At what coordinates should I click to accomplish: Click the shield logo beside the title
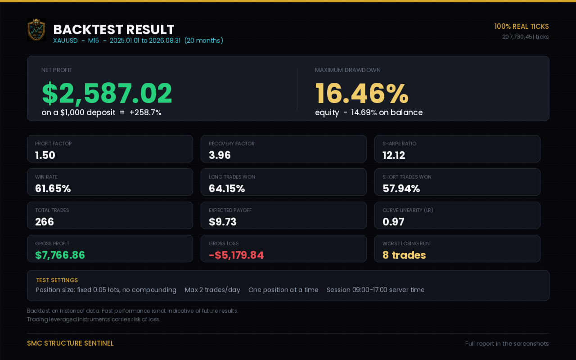pyautogui.click(x=36, y=30)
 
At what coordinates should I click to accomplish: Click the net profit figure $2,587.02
pyautogui.click(x=107, y=93)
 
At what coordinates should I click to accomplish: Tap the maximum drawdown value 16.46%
pyautogui.click(x=362, y=93)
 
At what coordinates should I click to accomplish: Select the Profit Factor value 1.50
pyautogui.click(x=45, y=155)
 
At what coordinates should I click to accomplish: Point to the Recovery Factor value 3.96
pyautogui.click(x=220, y=155)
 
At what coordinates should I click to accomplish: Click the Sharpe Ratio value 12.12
pyautogui.click(x=394, y=155)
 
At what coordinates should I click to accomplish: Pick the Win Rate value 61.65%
pyautogui.click(x=53, y=189)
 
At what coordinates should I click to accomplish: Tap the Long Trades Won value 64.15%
pyautogui.click(x=226, y=189)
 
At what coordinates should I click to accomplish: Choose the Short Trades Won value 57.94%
pyautogui.click(x=401, y=189)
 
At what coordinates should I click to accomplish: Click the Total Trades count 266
pyautogui.click(x=45, y=222)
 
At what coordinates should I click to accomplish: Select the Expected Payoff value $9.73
pyautogui.click(x=222, y=222)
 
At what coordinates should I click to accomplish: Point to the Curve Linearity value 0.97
pyautogui.click(x=393, y=222)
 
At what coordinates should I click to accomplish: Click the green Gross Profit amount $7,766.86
pyautogui.click(x=60, y=255)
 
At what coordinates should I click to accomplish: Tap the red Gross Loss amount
pyautogui.click(x=236, y=255)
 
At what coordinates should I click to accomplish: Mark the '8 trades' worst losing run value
pyautogui.click(x=404, y=255)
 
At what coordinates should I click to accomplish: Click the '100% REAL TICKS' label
pyautogui.click(x=522, y=27)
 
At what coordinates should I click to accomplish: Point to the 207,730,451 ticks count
pyautogui.click(x=525, y=37)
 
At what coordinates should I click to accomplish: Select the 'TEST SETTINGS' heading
pyautogui.click(x=57, y=280)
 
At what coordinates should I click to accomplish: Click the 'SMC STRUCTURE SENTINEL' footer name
pyautogui.click(x=70, y=343)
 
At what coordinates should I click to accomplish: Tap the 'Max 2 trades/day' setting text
pyautogui.click(x=212, y=290)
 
